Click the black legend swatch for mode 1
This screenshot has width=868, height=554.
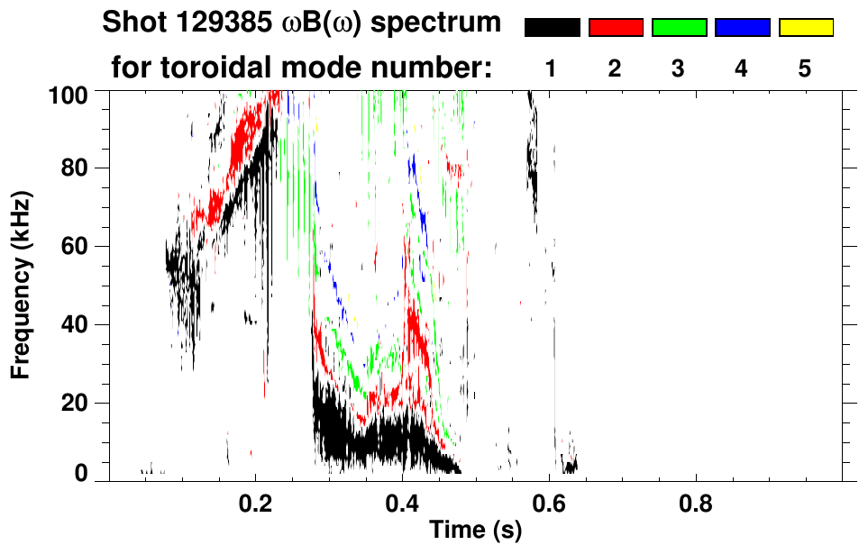coord(553,28)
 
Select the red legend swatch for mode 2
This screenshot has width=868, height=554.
coord(616,28)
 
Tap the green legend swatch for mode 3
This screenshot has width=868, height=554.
coord(679,28)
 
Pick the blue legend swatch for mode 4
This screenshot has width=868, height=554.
coord(742,28)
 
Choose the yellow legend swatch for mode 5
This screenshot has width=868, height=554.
coord(805,28)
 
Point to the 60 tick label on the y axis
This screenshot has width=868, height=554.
coord(76,247)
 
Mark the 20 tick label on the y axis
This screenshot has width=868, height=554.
coord(76,403)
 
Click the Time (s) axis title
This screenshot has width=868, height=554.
coord(474,531)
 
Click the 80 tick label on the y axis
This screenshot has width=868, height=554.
coord(76,168)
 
